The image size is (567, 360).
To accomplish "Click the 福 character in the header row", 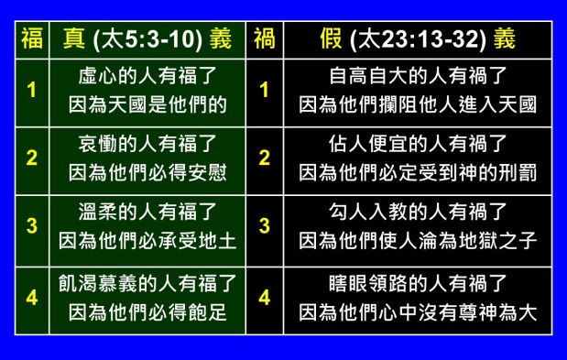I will tap(30, 38).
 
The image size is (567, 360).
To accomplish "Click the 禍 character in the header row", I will tap(265, 38).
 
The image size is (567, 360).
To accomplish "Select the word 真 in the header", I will tap(70, 38).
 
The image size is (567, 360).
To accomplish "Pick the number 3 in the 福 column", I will tap(31, 226).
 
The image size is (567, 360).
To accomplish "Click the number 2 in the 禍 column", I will tap(265, 157).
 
